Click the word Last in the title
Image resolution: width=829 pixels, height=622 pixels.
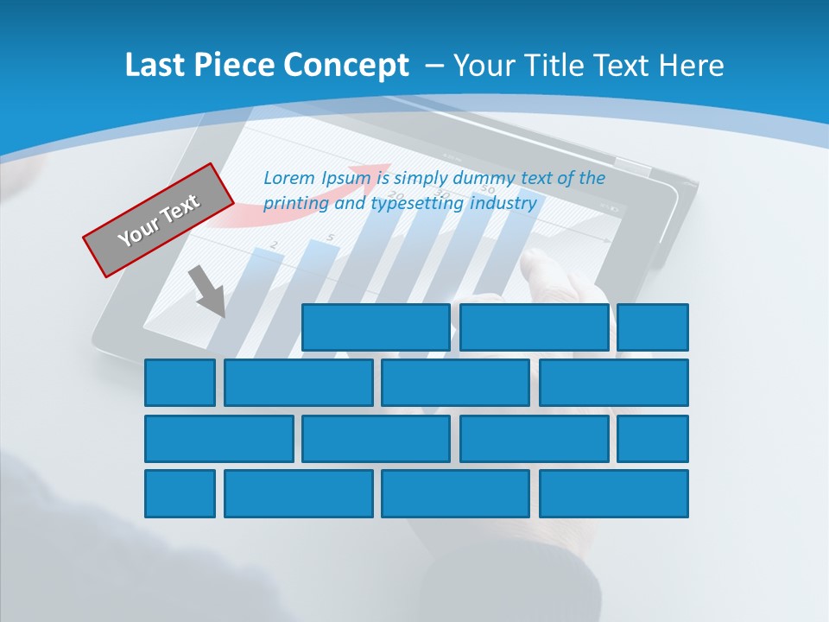(x=157, y=66)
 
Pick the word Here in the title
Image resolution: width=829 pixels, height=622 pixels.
(x=690, y=66)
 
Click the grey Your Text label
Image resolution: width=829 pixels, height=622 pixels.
(x=159, y=219)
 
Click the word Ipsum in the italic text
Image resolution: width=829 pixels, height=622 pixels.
(x=348, y=178)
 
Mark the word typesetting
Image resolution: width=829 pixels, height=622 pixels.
(x=417, y=204)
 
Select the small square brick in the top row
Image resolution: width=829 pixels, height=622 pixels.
(x=653, y=327)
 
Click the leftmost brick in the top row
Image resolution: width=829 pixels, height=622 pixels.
(x=376, y=327)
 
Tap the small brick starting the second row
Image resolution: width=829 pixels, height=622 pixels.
(x=180, y=383)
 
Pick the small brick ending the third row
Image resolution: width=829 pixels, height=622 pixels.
(x=653, y=439)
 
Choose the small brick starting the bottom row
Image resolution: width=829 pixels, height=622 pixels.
(x=180, y=494)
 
